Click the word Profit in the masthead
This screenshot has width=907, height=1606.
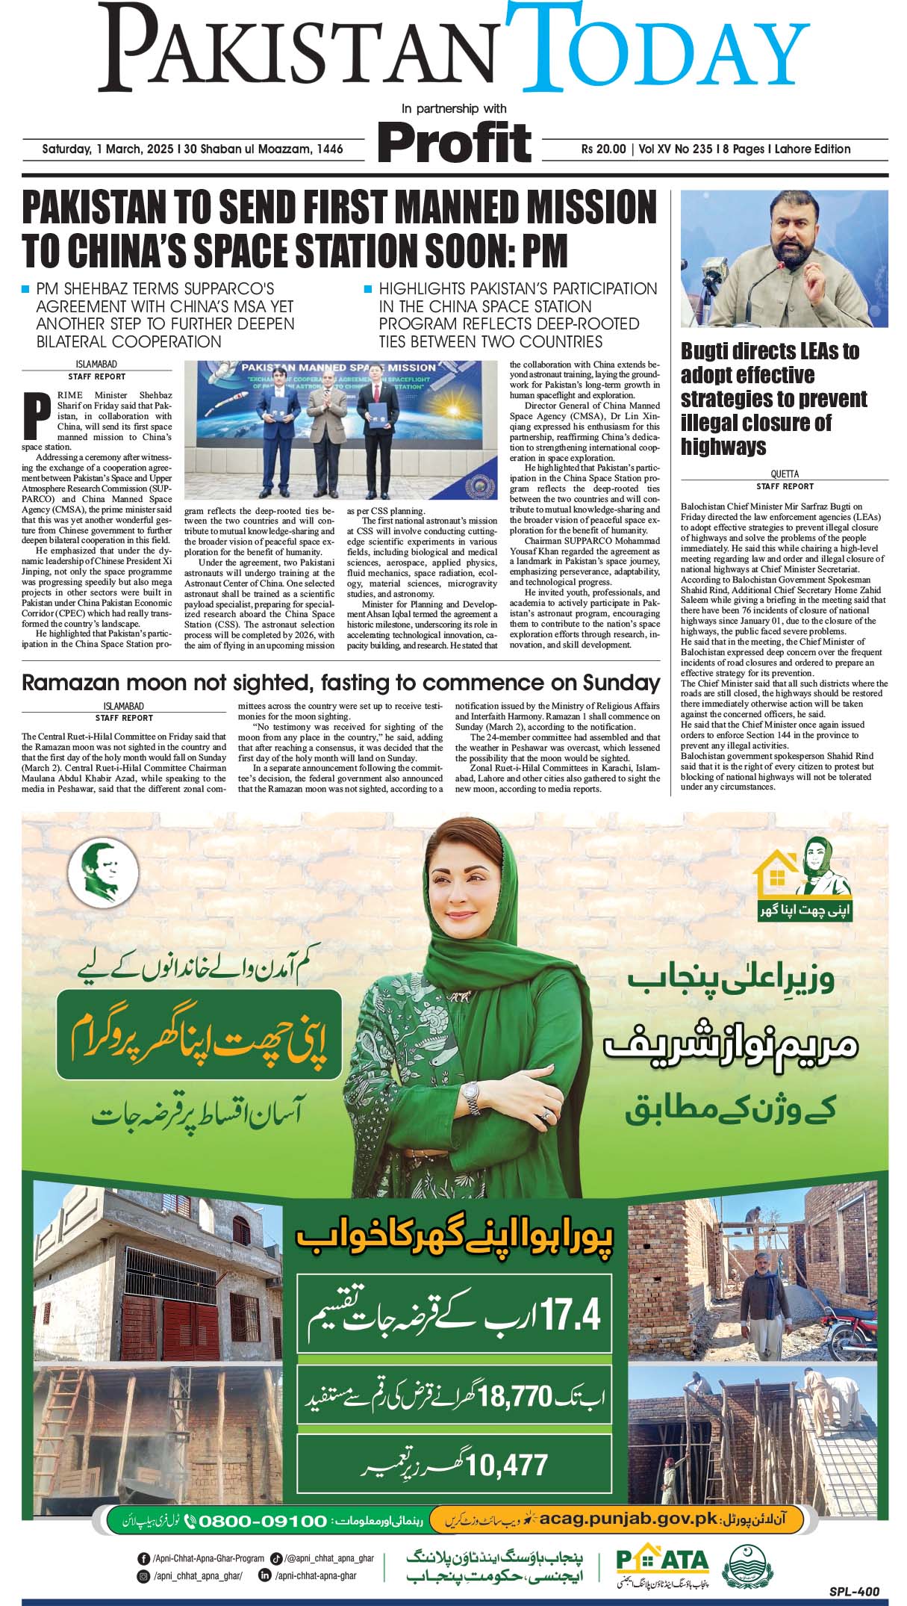[x=454, y=141]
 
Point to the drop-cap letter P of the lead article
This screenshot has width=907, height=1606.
[x=33, y=415]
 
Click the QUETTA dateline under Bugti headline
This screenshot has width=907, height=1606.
[x=784, y=474]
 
